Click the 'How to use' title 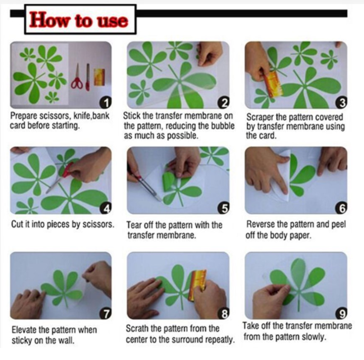tap(78, 20)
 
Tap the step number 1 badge tap(106, 103)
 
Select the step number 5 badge tap(224, 208)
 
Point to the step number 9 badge tap(341, 313)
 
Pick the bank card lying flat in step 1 tap(99, 77)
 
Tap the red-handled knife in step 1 tap(87, 77)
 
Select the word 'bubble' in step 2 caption tap(223, 126)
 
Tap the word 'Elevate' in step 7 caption tap(24, 330)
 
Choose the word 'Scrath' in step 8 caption tap(137, 328)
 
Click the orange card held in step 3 tap(273, 84)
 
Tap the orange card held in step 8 tap(197, 285)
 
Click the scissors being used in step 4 tap(60, 177)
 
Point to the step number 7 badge tap(106, 313)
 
